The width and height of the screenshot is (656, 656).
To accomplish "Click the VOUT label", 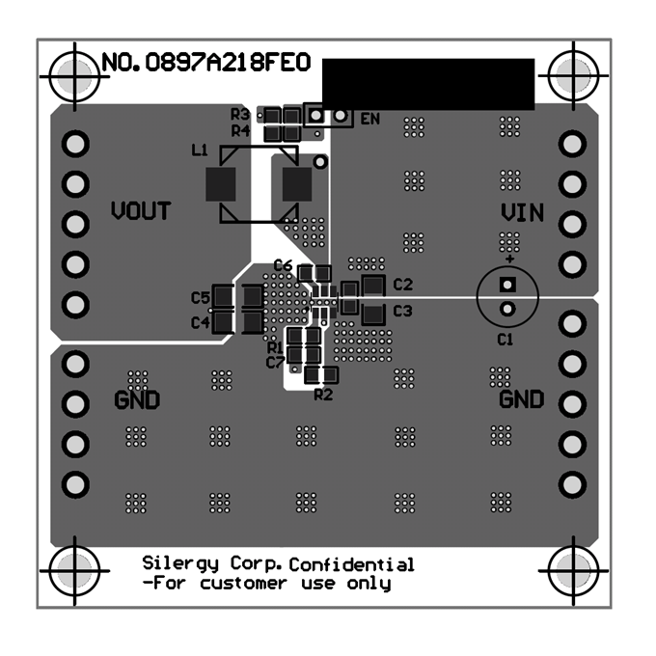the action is point(141,211).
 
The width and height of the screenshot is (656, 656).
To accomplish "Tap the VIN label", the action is point(523,213).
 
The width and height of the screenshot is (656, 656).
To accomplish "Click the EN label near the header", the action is point(370,120).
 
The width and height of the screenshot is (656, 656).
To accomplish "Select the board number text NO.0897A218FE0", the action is point(206,63).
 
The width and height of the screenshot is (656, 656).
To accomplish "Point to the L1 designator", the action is point(200,150).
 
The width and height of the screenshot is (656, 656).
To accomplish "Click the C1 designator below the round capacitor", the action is point(505,340).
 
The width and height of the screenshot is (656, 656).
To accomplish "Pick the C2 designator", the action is point(403,285).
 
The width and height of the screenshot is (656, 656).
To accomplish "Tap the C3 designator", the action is point(402,312).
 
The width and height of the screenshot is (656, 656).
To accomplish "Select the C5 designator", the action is point(201,298).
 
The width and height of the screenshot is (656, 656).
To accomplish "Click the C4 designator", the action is point(201,323).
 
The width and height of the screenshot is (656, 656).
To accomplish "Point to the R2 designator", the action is point(323,395).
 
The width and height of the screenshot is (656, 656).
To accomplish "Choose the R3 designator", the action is point(240,114).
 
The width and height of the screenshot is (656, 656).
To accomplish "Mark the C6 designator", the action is point(283,265).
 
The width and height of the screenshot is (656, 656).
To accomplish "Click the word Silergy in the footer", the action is point(180,564).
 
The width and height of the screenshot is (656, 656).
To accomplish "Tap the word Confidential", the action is point(351,564).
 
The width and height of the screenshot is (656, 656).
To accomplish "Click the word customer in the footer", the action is point(243,584).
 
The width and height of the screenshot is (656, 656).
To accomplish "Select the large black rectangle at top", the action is point(428,85).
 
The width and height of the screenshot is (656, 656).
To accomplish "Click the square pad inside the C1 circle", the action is point(507,285).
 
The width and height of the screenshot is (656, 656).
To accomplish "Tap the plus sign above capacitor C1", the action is point(509,260).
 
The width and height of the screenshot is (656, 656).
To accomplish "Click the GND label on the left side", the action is point(137,400).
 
